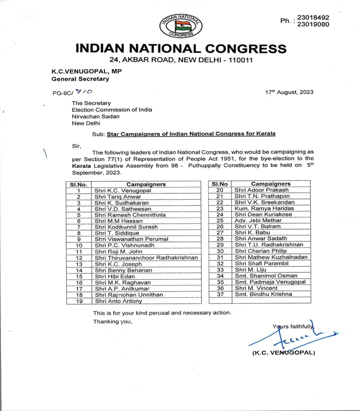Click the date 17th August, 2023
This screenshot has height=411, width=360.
(x=289, y=92)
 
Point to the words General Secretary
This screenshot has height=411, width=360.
(x=80, y=79)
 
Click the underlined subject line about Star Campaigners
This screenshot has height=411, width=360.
(x=191, y=134)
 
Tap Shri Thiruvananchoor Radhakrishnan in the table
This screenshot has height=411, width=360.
(x=147, y=257)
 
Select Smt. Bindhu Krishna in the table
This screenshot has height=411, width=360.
(x=263, y=294)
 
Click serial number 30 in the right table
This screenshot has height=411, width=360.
(x=220, y=251)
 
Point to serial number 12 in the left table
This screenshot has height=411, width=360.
(x=79, y=257)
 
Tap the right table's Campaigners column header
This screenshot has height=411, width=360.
(x=271, y=183)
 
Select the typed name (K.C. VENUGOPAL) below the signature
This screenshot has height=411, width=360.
(x=284, y=353)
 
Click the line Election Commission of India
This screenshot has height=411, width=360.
(x=112, y=109)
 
